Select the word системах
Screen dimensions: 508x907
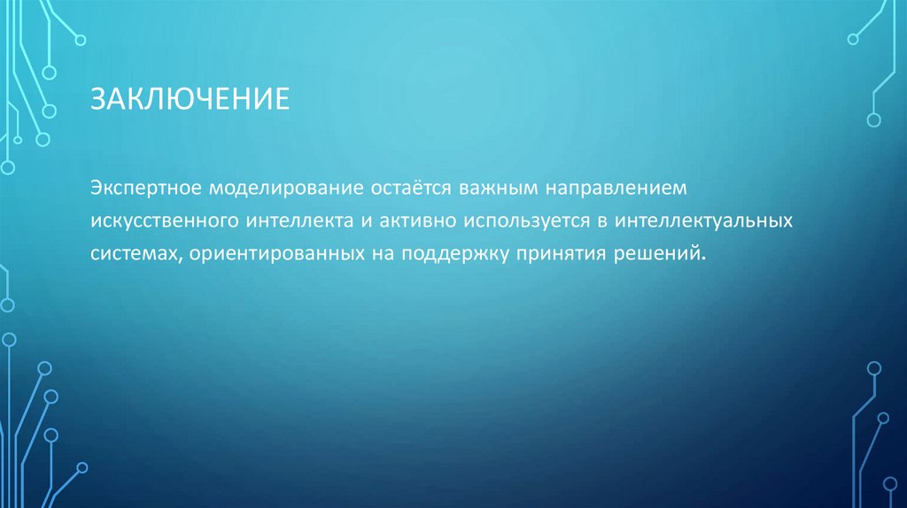pos(133,253)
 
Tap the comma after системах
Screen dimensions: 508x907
pos(180,258)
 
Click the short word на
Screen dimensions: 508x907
pos(379,254)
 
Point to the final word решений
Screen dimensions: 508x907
pos(657,254)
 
